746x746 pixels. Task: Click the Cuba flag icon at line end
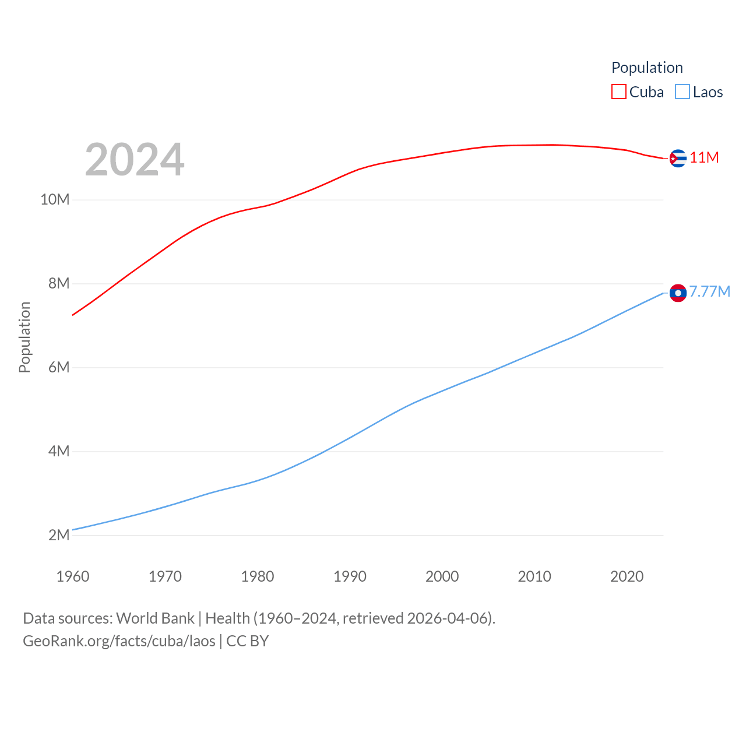pyautogui.click(x=678, y=158)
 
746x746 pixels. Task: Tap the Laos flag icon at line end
pyautogui.click(x=678, y=293)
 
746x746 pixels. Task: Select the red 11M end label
pyautogui.click(x=704, y=157)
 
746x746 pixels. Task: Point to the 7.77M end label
pyautogui.click(x=709, y=291)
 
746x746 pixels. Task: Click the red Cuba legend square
pyautogui.click(x=618, y=92)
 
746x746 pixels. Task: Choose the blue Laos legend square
pyautogui.click(x=682, y=92)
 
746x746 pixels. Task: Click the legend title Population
pyautogui.click(x=647, y=68)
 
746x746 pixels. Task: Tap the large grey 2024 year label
pyautogui.click(x=135, y=160)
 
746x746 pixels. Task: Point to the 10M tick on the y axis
pyautogui.click(x=55, y=200)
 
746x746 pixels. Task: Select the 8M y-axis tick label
pyautogui.click(x=59, y=284)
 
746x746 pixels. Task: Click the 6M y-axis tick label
pyautogui.click(x=59, y=368)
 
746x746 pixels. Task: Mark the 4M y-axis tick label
pyautogui.click(x=59, y=452)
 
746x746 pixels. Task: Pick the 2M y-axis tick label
pyautogui.click(x=59, y=535)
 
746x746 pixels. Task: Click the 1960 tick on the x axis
pyautogui.click(x=73, y=576)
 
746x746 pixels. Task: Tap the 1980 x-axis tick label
pyautogui.click(x=258, y=576)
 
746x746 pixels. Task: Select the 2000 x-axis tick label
pyautogui.click(x=442, y=576)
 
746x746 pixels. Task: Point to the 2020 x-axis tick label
pyautogui.click(x=627, y=576)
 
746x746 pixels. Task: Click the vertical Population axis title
pyautogui.click(x=24, y=337)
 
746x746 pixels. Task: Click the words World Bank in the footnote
pyautogui.click(x=156, y=618)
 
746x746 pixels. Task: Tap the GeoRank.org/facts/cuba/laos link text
pyautogui.click(x=119, y=641)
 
